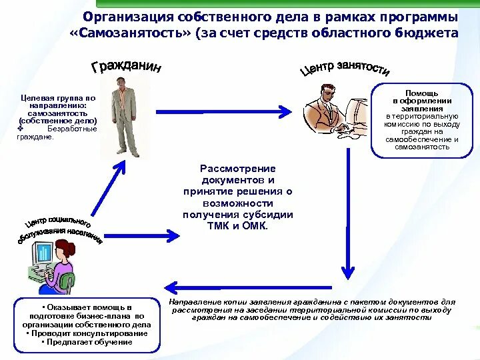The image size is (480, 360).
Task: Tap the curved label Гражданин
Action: point(126,68)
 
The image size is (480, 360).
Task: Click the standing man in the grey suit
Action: point(125,117)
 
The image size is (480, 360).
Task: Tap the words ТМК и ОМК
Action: point(237,226)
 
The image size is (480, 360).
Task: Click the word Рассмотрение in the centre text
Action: point(237,169)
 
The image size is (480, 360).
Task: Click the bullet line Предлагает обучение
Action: point(87,342)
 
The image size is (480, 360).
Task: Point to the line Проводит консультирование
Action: point(87,333)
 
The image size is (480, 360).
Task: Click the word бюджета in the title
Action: point(433,33)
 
